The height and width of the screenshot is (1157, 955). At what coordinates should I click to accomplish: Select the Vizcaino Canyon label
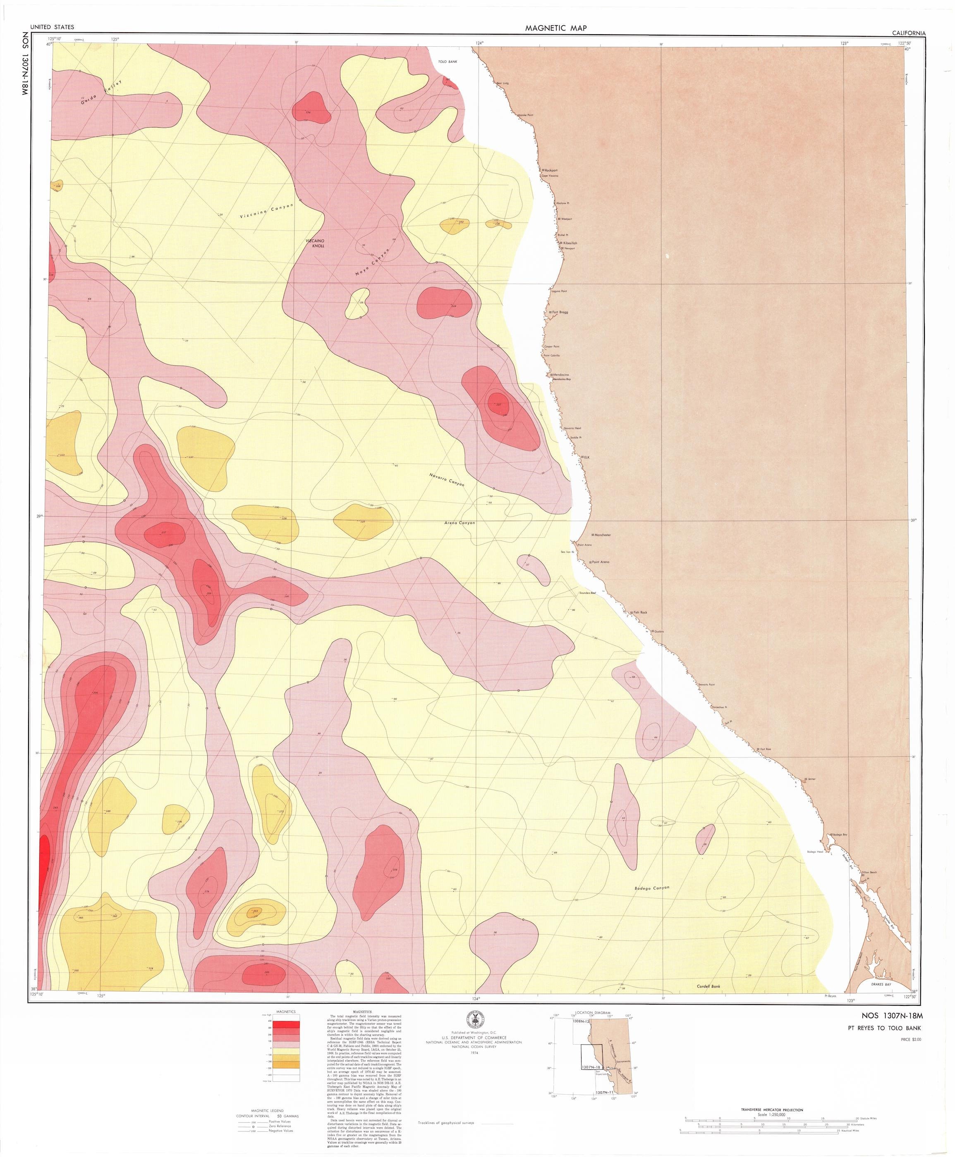(x=267, y=212)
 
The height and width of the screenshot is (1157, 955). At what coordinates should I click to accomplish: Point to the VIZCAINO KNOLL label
(x=318, y=243)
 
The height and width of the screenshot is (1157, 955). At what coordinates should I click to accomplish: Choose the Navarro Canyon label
(x=447, y=480)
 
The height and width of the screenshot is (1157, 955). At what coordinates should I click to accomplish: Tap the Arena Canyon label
(x=460, y=523)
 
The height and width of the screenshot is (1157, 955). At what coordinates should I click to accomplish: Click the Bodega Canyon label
(x=651, y=888)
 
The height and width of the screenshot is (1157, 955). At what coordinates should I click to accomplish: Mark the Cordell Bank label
(x=708, y=987)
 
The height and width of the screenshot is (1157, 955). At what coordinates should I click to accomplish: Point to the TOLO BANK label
(x=448, y=62)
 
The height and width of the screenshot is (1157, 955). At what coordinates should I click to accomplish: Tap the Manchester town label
(x=602, y=535)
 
